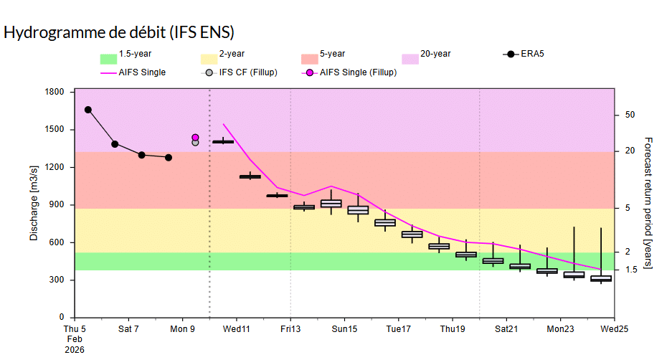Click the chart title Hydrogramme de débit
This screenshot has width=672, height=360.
tap(119, 32)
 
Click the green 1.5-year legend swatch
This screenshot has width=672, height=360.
tap(108, 59)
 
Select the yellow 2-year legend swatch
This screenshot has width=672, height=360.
tap(209, 59)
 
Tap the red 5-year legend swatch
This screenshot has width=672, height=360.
tap(309, 59)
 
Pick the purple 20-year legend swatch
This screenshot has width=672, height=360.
tap(410, 59)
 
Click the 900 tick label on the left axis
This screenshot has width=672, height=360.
tap(57, 204)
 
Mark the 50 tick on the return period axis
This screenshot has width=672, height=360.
tap(630, 115)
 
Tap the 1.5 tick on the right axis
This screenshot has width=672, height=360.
tap(631, 269)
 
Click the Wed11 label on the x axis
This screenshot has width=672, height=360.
tap(237, 330)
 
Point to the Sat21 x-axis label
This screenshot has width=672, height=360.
tap(506, 330)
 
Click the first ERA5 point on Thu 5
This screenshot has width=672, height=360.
tap(88, 110)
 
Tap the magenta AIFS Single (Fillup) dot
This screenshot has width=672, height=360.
tap(195, 137)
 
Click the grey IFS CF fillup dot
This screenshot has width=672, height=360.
tap(195, 143)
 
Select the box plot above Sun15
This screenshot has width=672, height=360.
tap(331, 204)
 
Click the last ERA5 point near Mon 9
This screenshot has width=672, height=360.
tap(169, 157)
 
